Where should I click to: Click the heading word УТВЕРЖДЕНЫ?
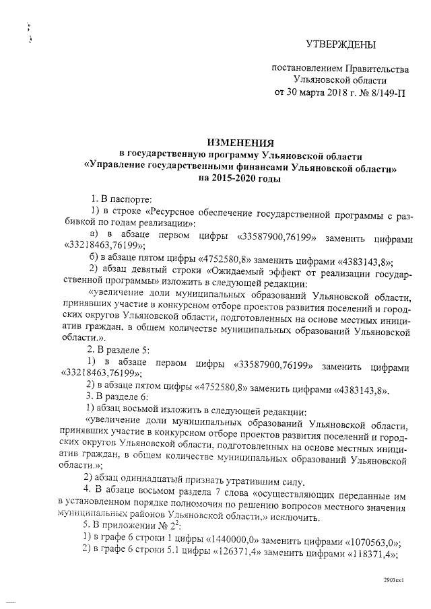(340, 45)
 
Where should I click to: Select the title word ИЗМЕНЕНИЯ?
(240, 143)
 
